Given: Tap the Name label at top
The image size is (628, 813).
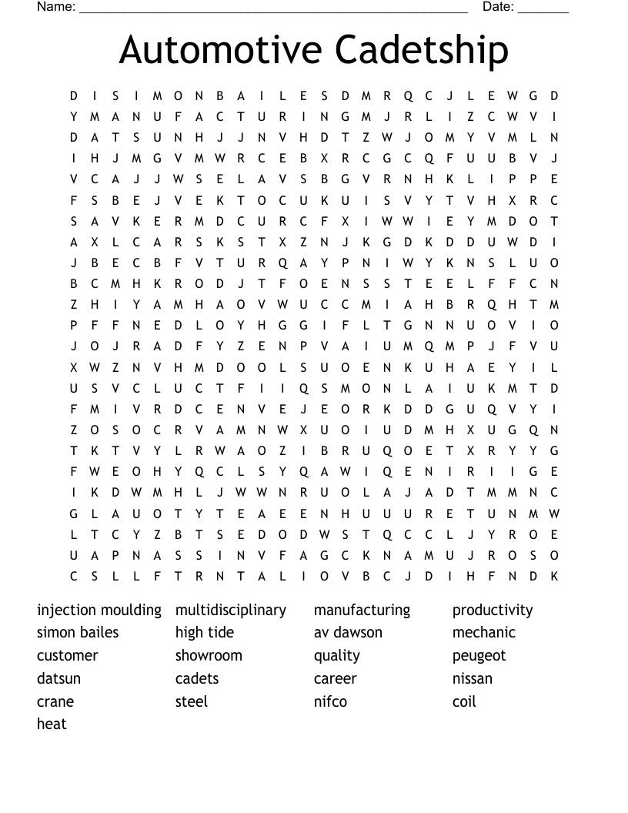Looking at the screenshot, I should (55, 7).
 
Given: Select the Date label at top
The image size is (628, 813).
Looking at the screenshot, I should (498, 7).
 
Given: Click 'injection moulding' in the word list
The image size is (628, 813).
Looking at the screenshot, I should (99, 611).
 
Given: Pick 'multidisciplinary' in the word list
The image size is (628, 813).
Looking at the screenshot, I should (231, 611).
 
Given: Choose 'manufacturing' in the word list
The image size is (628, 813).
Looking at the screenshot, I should (362, 611).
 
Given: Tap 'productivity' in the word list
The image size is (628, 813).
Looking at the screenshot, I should (493, 611).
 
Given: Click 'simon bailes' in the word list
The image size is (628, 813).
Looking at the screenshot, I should (78, 633).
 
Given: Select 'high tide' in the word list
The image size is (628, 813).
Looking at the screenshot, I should (205, 633).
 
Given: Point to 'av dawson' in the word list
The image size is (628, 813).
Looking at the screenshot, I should (348, 633).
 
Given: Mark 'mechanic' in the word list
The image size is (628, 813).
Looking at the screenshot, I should (484, 633).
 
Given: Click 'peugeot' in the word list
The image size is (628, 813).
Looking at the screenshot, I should (479, 656).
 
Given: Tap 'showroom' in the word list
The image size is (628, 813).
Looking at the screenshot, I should (209, 656).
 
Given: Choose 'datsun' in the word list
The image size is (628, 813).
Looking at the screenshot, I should (58, 679).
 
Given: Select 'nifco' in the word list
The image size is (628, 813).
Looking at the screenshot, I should (330, 701).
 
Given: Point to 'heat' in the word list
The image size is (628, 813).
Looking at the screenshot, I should (52, 724).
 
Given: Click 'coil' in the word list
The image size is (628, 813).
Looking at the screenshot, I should (464, 701).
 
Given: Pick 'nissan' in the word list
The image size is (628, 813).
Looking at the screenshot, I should (473, 679).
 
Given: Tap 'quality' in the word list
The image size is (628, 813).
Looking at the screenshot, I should (337, 656).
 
